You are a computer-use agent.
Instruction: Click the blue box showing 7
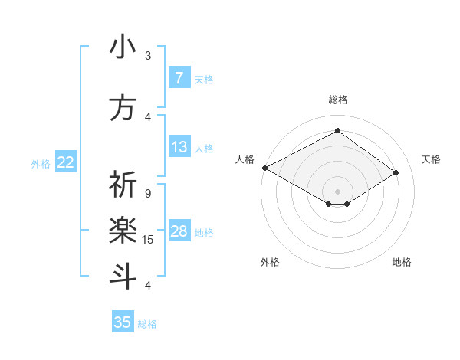[179, 78]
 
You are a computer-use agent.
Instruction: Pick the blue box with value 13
[179, 147]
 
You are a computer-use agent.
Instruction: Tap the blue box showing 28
[179, 231]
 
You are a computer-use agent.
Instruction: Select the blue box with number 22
[66, 162]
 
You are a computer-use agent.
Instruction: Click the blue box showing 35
[123, 322]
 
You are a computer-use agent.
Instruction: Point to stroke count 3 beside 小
[148, 56]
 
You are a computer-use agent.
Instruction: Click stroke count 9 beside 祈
[148, 194]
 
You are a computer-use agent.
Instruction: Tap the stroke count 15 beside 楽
[148, 240]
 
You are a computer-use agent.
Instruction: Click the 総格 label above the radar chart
[337, 100]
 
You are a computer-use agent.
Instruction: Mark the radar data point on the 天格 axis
[396, 173]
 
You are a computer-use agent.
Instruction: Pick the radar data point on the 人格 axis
[264, 167]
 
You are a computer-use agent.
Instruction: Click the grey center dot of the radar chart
[337, 190]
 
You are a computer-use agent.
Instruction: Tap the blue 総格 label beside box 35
[147, 324]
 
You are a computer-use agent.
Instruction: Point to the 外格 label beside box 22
[41, 163]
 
